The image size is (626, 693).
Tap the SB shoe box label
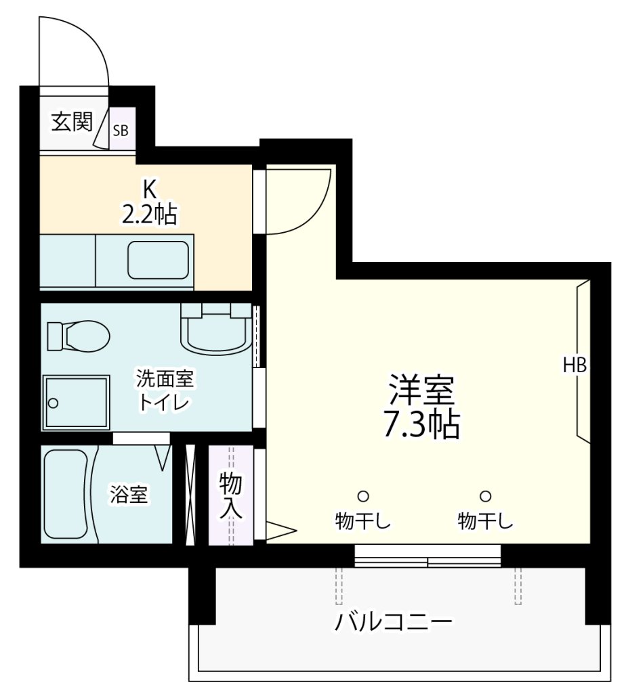pos(120,131)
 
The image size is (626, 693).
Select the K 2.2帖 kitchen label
pos(149,202)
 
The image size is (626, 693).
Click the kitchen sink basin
pos(158,259)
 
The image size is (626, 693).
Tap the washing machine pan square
pos(76,402)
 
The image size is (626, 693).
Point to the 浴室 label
pos(129,495)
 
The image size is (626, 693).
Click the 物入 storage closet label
pos(230,495)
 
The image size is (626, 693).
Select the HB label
pos(575,365)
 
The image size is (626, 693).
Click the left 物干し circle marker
pos(363,496)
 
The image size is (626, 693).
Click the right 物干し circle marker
pos(485,496)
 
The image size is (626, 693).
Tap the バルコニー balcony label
pos(393,621)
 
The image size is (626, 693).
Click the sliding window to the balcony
pos(427,556)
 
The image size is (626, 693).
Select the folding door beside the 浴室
pos(190,494)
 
